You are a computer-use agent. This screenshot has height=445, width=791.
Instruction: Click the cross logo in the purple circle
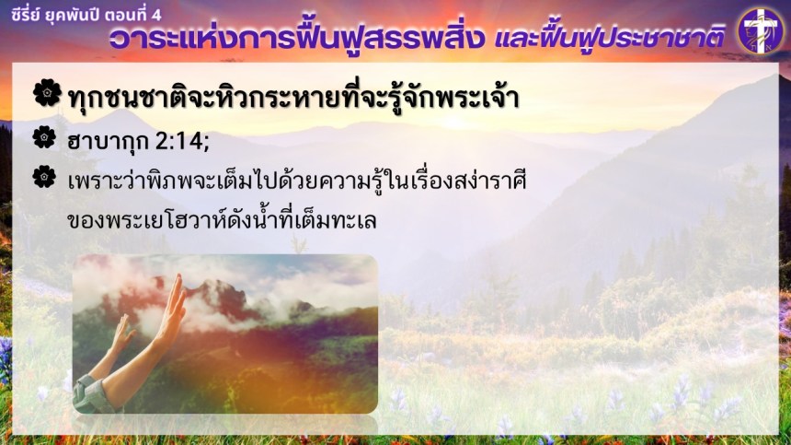click(762, 30)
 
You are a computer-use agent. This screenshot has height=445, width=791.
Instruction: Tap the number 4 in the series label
click(156, 15)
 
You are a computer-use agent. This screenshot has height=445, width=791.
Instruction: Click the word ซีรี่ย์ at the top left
click(25, 14)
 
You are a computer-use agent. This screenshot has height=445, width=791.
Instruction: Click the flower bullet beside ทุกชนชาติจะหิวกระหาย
click(47, 92)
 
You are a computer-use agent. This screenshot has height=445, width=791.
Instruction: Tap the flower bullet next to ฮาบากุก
click(44, 137)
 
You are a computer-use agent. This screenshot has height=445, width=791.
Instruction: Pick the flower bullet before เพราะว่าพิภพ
click(44, 177)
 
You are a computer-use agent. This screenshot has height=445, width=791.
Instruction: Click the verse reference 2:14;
click(181, 142)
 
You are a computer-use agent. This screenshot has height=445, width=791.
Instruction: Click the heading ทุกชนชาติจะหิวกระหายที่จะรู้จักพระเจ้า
click(293, 97)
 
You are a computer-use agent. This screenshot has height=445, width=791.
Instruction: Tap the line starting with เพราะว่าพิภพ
click(296, 181)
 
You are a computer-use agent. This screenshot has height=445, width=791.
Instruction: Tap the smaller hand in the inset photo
click(120, 334)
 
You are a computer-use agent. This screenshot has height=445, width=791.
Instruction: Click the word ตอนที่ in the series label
click(126, 14)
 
